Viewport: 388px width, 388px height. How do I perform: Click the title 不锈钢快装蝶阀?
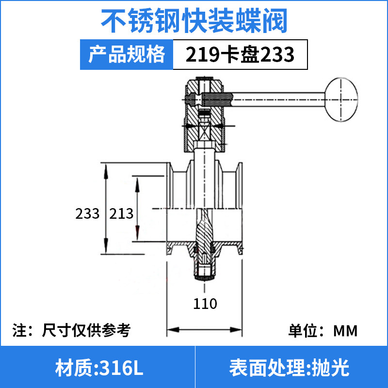click(x=194, y=20)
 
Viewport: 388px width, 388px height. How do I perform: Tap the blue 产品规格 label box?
click(x=127, y=54)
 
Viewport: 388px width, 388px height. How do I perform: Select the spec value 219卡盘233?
click(x=240, y=54)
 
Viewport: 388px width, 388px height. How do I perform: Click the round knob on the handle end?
click(x=341, y=99)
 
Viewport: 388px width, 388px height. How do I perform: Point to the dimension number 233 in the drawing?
click(x=87, y=213)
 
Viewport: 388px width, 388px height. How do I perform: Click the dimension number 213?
click(x=121, y=213)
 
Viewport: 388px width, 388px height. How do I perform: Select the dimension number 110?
click(x=205, y=304)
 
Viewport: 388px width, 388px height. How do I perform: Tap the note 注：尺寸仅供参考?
click(x=71, y=330)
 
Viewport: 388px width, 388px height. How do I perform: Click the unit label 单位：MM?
click(x=323, y=331)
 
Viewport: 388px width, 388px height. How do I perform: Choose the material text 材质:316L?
click(x=99, y=368)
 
